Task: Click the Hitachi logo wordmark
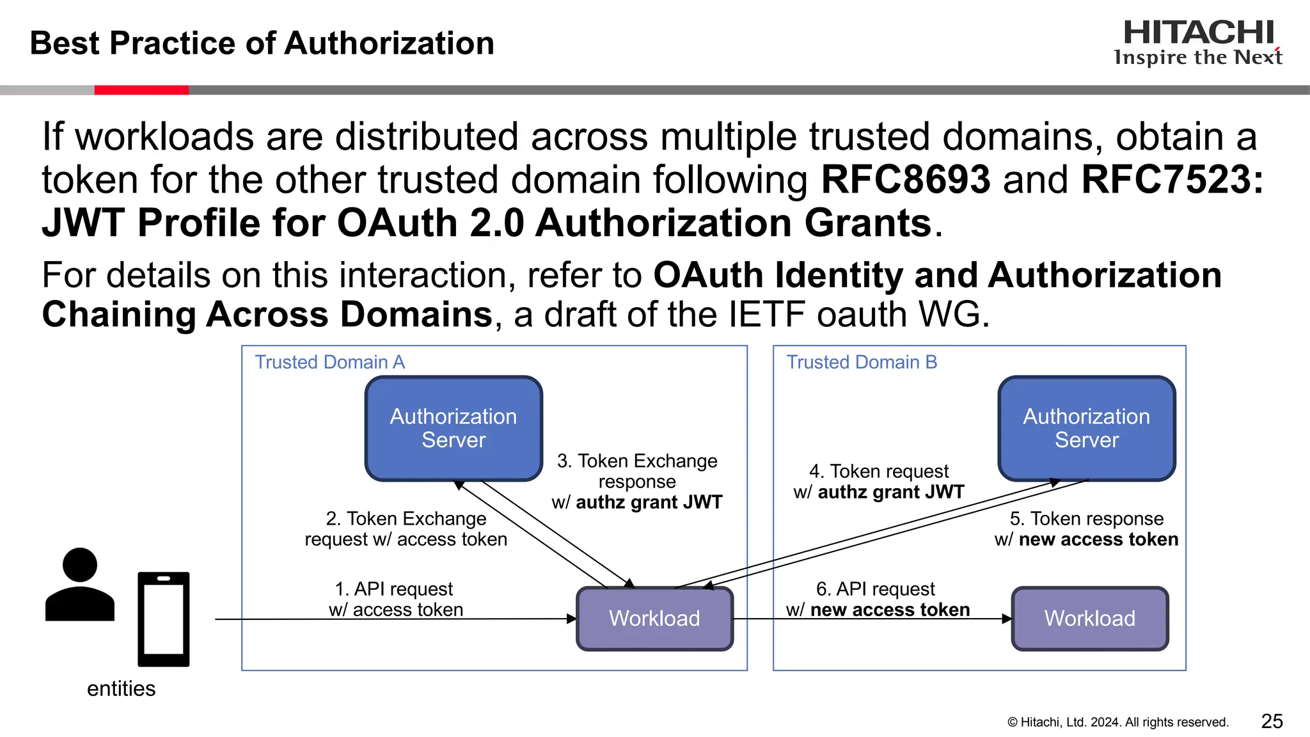pos(1198,33)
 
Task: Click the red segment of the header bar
pos(141,90)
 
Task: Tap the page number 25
pos(1272,721)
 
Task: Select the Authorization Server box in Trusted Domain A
pos(454,428)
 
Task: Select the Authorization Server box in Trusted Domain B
pos(1086,428)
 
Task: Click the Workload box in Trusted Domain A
pos(654,619)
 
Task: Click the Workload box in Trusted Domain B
pos(1089,619)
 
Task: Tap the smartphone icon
pos(164,619)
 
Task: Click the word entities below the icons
pos(121,688)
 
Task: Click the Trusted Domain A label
pos(330,362)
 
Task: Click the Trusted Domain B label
pos(862,362)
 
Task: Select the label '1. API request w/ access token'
pos(395,599)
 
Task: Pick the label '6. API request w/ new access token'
pos(877,599)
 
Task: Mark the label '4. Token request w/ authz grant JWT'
pos(878,481)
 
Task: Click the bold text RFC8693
pos(905,179)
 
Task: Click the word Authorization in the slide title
pos(389,44)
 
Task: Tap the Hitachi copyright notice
pos(1117,722)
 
